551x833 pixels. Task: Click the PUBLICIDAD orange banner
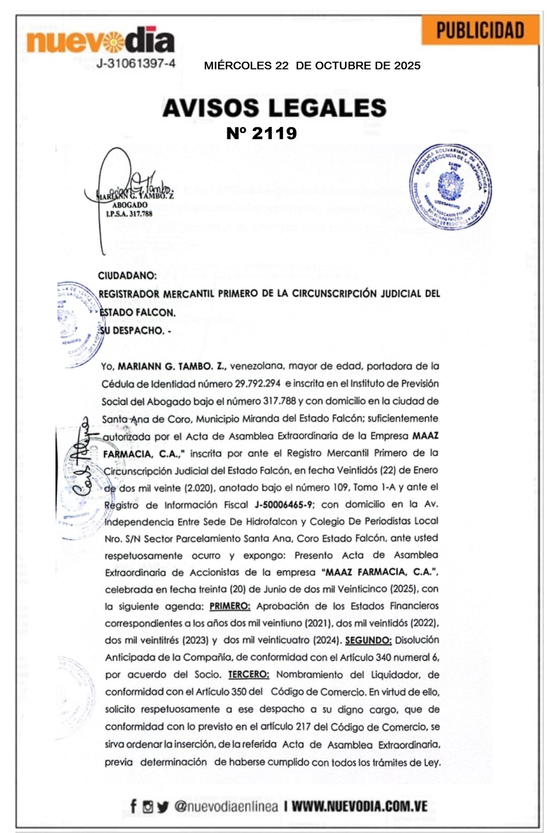480,31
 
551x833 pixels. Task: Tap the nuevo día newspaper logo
100,41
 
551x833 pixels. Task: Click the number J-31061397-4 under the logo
136,64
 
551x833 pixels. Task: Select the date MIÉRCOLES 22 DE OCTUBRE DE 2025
312,66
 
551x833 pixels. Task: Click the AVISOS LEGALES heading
274,108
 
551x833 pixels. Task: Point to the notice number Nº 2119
261,133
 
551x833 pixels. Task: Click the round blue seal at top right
450,186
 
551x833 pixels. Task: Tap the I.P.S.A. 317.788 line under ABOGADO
129,214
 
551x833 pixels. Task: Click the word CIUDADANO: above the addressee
127,276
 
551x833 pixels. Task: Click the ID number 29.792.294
257,383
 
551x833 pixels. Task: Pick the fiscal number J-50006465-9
284,505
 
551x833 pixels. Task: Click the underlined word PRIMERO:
230,606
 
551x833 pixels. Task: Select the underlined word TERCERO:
248,674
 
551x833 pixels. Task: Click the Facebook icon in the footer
134,806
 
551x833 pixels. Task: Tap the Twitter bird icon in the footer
163,806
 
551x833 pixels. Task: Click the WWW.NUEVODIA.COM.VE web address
359,806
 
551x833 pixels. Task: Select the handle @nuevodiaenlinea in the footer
226,806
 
